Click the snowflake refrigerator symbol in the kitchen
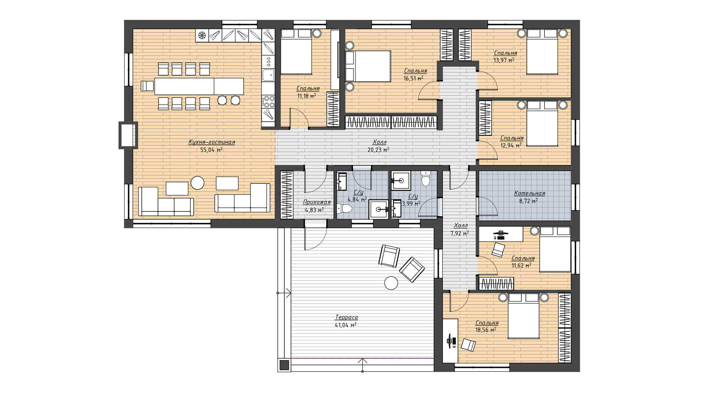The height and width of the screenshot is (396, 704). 201,36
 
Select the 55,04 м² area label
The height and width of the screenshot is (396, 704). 212,150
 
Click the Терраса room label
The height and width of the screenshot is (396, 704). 346,318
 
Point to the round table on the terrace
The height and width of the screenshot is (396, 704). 391,283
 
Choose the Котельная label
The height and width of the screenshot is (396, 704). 529,193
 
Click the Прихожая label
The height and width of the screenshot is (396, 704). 317,202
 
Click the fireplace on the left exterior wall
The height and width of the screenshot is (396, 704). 128,135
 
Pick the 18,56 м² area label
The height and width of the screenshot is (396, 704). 486,330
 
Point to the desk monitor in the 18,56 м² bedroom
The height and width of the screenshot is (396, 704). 450,341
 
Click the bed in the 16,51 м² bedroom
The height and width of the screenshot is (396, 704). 368,66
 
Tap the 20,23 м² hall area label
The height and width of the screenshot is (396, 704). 378,150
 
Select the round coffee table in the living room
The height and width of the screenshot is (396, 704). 198,183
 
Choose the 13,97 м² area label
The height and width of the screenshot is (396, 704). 504,60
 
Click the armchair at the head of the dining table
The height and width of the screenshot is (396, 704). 147,86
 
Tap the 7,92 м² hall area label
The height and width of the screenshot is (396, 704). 459,233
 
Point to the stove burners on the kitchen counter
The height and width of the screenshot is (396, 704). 268,100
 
